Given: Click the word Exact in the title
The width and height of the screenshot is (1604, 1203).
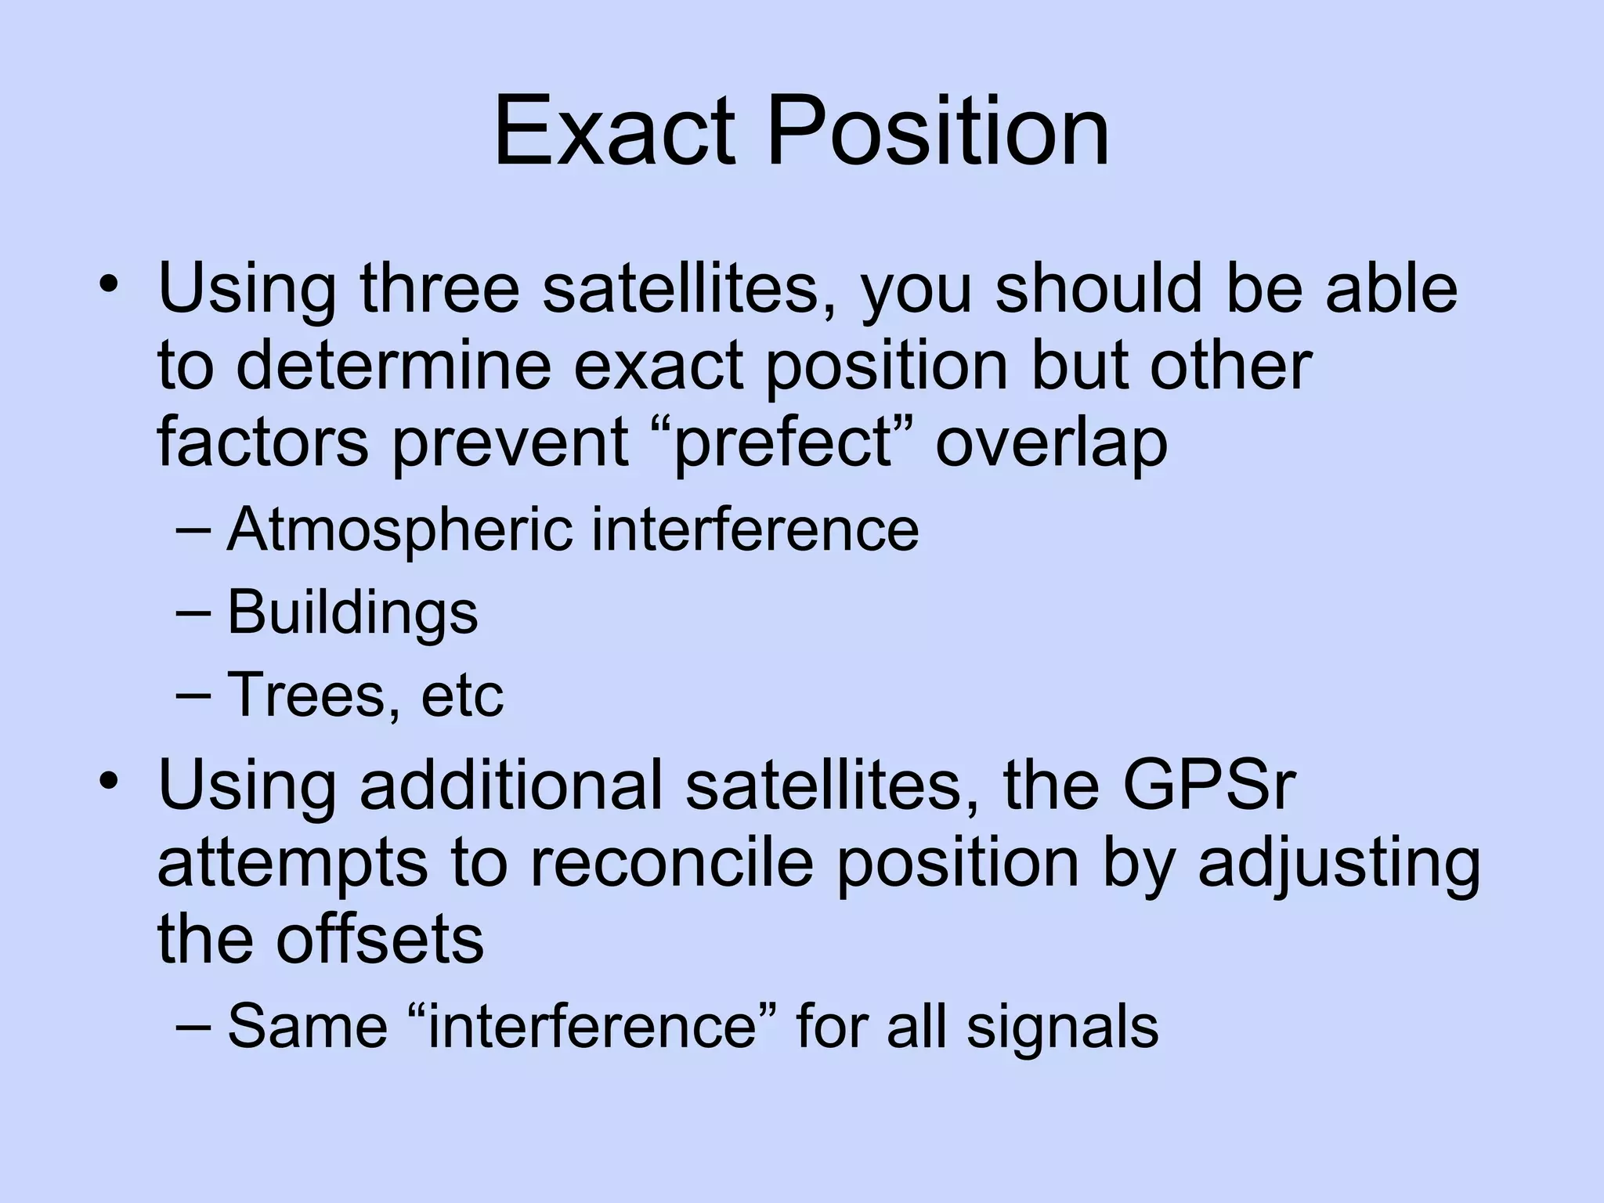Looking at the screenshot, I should (x=615, y=131).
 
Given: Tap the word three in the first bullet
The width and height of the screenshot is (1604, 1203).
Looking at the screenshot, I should (x=439, y=287).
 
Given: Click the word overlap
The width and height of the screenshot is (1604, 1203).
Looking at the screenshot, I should (x=1051, y=443).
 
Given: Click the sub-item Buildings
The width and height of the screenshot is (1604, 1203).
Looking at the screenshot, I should (x=352, y=612).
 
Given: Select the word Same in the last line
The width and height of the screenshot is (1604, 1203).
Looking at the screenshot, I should (x=307, y=1026).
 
